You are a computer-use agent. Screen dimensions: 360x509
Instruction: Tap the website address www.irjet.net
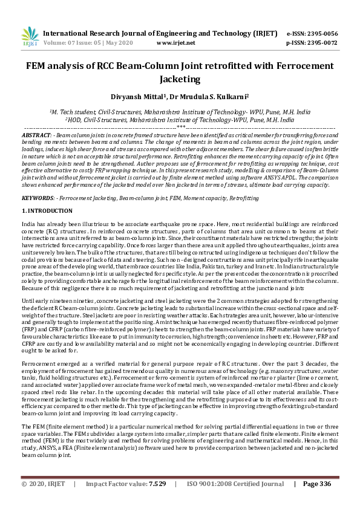(175, 43)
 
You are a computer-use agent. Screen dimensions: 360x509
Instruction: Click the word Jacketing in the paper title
(180, 79)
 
